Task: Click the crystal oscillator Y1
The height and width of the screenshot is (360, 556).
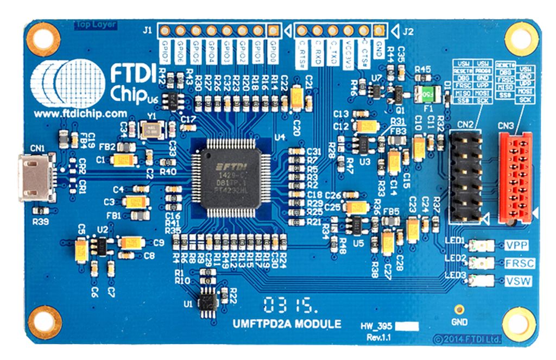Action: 148,130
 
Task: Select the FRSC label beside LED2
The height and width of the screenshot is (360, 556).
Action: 519,263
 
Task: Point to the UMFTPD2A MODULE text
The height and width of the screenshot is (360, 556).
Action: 287,324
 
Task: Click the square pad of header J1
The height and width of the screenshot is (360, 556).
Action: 274,30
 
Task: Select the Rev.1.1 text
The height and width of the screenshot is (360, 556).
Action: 378,338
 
